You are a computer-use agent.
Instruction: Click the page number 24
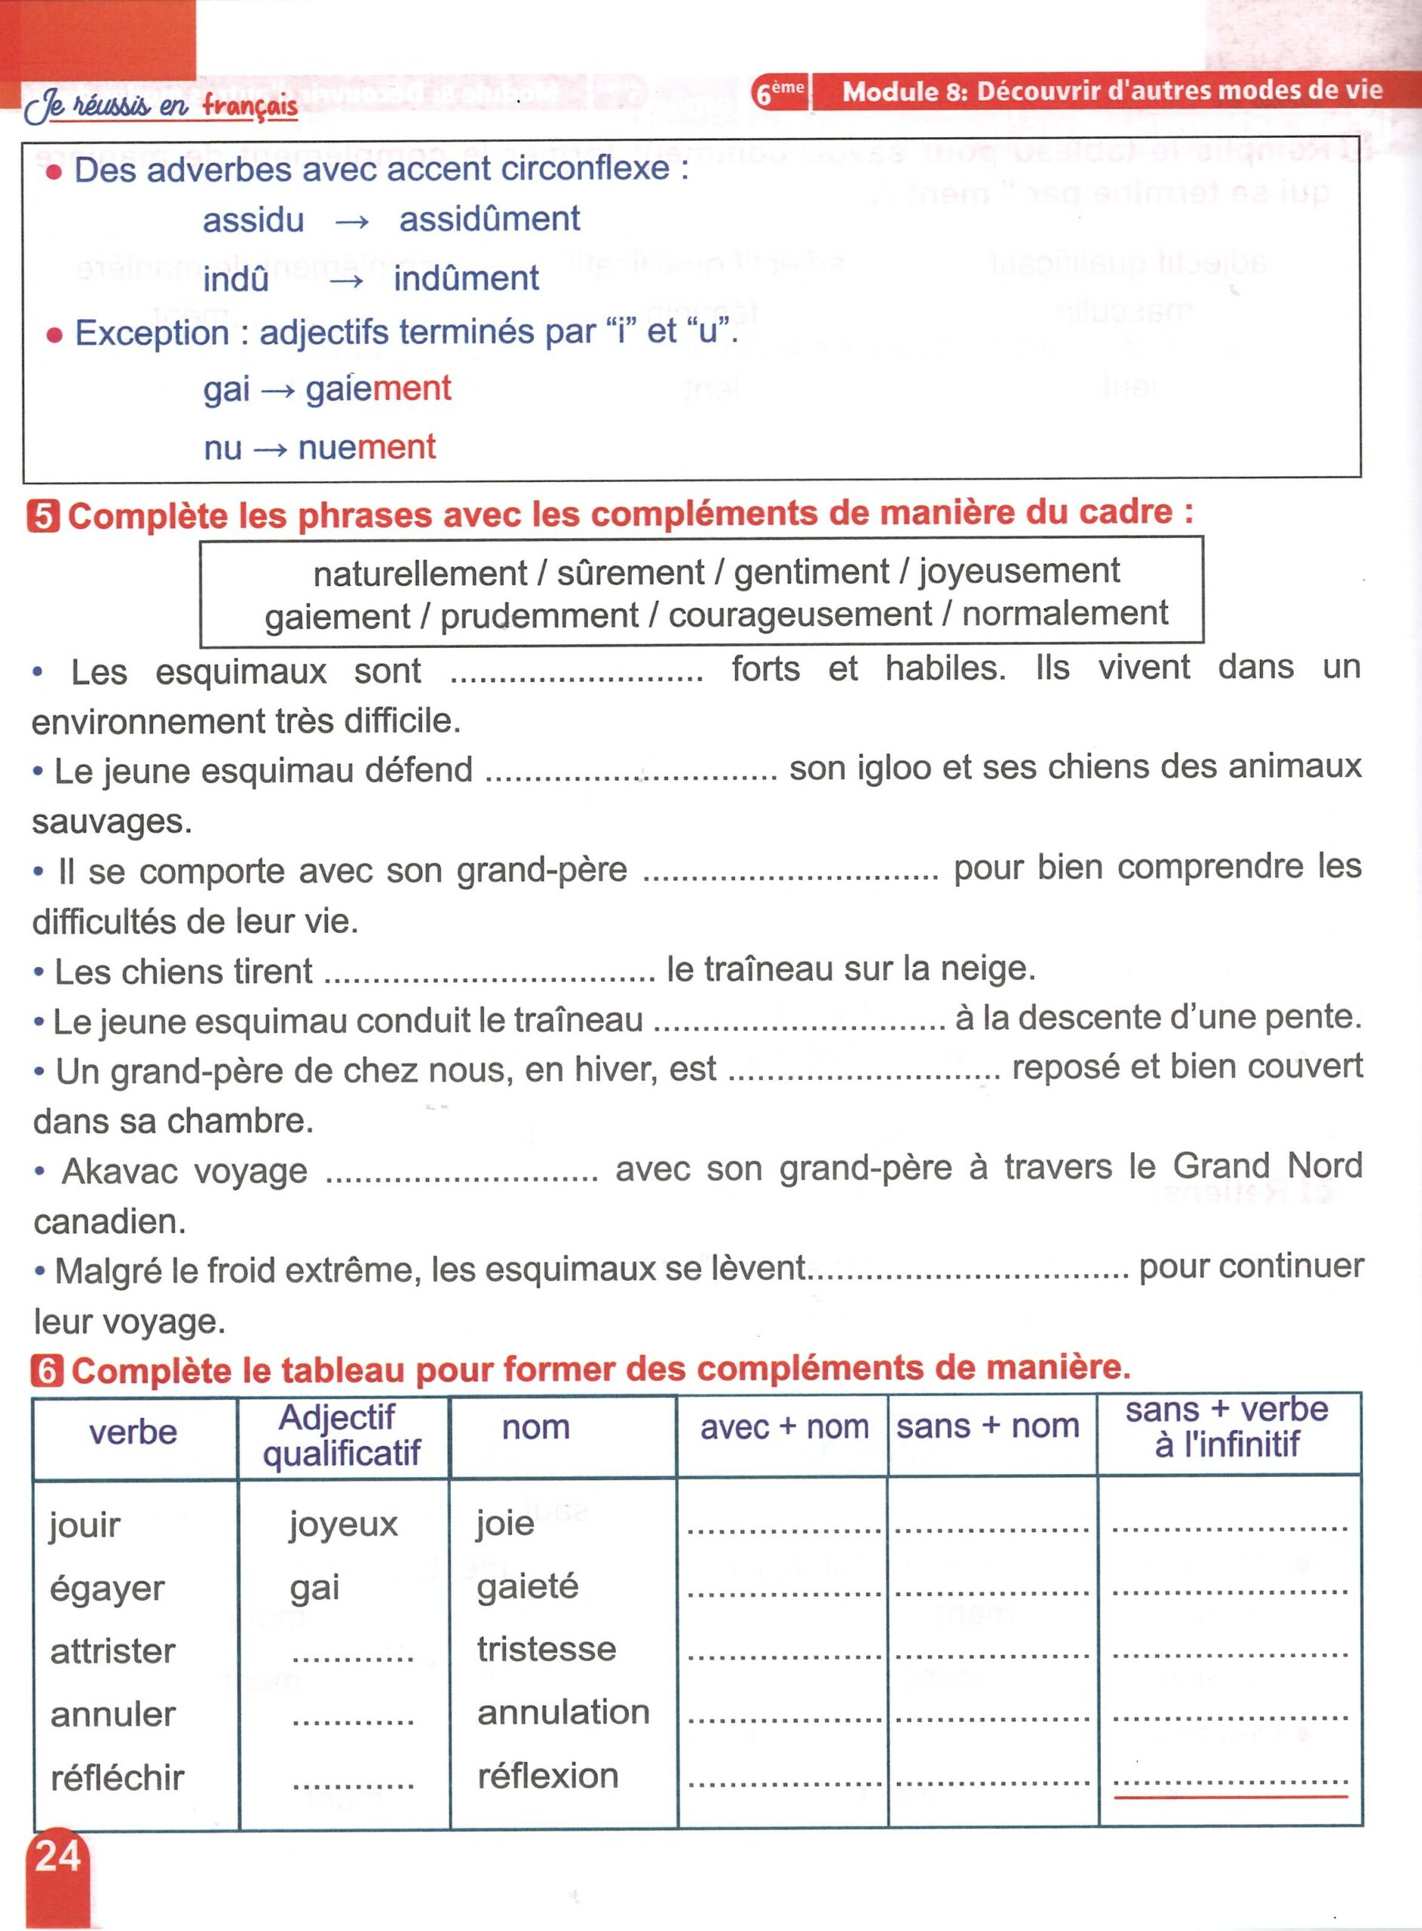57,1856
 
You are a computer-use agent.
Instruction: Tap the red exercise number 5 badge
43,517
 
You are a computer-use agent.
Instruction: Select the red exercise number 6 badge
47,1371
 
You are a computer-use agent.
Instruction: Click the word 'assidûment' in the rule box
490,220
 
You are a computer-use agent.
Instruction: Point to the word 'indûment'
466,279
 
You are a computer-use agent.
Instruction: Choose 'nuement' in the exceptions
366,447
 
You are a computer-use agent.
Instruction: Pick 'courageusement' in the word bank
800,615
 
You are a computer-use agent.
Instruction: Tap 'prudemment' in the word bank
539,616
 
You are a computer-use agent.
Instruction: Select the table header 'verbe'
133,1432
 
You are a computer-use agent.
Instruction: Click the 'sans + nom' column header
987,1426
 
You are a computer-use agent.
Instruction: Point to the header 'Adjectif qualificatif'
341,1435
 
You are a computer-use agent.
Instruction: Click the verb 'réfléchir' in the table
117,1778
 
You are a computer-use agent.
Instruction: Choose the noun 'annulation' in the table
563,1712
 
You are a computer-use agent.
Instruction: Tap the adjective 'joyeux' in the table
342,1524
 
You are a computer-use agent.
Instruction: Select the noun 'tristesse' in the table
547,1650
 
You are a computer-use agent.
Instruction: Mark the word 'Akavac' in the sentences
184,1171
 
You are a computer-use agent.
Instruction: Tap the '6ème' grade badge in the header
779,92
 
